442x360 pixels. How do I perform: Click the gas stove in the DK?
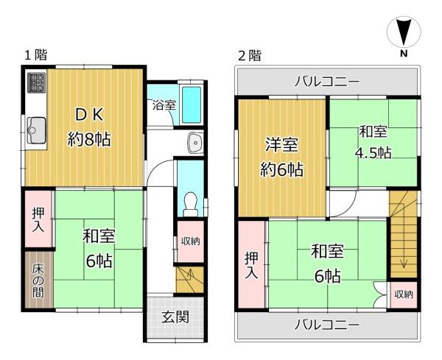[36, 82]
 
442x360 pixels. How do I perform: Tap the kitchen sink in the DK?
[36, 130]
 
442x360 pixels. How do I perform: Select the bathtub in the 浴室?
[192, 105]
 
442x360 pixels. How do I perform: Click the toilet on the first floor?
[191, 204]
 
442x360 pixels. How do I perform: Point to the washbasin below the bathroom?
[196, 142]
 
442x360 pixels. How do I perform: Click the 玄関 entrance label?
[175, 317]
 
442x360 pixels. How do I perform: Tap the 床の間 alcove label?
[38, 280]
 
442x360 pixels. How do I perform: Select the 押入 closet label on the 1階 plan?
[38, 219]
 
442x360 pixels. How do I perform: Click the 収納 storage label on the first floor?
[191, 241]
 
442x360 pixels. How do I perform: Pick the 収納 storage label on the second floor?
[404, 294]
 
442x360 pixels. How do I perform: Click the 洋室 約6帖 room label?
[281, 157]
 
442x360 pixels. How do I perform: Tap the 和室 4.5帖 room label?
[373, 142]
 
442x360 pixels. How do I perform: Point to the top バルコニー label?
[327, 82]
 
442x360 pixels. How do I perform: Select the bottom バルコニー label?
[327, 325]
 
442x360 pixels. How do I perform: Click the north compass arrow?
[404, 32]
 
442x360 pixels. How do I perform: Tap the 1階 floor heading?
[36, 54]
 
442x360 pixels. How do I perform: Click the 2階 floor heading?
[250, 55]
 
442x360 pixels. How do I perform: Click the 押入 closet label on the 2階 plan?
[251, 265]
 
